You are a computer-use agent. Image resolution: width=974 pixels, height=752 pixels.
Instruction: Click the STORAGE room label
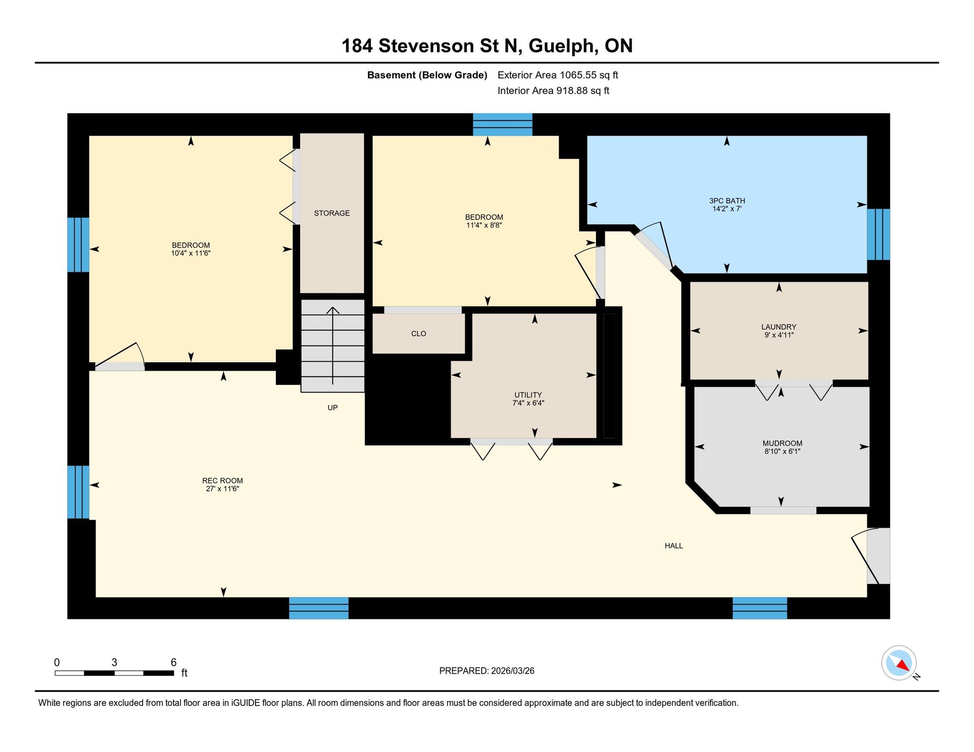[x=331, y=213]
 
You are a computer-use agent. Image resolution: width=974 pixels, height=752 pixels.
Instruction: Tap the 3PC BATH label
[x=727, y=201]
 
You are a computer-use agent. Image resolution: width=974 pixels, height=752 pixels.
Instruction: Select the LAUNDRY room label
[x=779, y=327]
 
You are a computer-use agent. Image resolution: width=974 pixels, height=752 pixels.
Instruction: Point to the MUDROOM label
[x=782, y=443]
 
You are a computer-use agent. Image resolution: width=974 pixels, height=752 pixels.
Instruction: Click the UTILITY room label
[x=528, y=395]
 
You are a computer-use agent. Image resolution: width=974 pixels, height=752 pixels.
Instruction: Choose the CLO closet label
[x=419, y=334]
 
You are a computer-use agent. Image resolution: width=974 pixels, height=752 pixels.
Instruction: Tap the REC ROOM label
[x=222, y=481]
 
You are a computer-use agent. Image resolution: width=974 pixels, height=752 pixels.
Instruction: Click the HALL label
[x=673, y=546]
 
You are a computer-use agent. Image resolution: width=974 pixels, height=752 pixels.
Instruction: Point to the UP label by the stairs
[x=332, y=407]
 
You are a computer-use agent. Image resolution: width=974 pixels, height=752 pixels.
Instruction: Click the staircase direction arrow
[x=332, y=346]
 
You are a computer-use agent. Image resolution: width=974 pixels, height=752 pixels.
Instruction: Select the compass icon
[x=899, y=663]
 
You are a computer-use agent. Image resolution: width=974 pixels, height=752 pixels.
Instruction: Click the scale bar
[x=114, y=673]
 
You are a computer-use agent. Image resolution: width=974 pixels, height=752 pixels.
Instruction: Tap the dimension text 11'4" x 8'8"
[x=484, y=225]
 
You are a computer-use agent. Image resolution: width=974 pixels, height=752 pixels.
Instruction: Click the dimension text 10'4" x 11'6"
[x=191, y=253]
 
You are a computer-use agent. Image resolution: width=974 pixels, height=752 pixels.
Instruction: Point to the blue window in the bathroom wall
[x=878, y=234]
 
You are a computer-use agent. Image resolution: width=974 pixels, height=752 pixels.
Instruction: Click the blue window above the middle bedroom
[x=502, y=125]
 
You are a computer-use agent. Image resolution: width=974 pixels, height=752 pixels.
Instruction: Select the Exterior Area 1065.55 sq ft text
[x=558, y=75]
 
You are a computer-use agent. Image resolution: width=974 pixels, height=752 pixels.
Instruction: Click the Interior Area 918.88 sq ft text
[x=553, y=91]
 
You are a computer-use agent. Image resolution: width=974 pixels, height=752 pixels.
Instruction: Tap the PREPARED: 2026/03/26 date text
[x=487, y=671]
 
